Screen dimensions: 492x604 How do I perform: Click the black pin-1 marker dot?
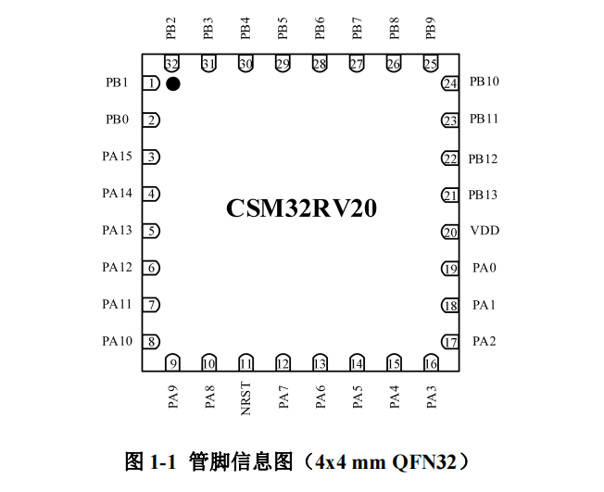(x=173, y=84)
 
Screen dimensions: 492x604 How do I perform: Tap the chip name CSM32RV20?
(x=301, y=208)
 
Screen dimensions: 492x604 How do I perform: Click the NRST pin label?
(x=246, y=397)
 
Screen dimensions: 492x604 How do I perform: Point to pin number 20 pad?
(x=450, y=232)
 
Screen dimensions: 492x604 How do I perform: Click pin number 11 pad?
(x=246, y=363)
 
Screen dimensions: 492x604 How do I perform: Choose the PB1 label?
(x=118, y=82)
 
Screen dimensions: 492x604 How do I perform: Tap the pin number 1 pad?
(x=151, y=83)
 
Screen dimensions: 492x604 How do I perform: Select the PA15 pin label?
(x=118, y=157)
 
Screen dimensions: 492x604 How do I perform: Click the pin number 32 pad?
(x=171, y=64)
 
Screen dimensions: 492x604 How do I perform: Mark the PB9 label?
(x=431, y=28)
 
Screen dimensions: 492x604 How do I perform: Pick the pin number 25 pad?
(x=431, y=64)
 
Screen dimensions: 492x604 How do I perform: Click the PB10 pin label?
(x=484, y=82)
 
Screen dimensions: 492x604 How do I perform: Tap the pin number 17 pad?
(x=450, y=342)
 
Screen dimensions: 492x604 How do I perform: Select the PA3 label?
(x=432, y=397)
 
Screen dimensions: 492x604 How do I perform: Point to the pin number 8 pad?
(x=151, y=342)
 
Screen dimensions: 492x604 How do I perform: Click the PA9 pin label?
(x=172, y=397)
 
